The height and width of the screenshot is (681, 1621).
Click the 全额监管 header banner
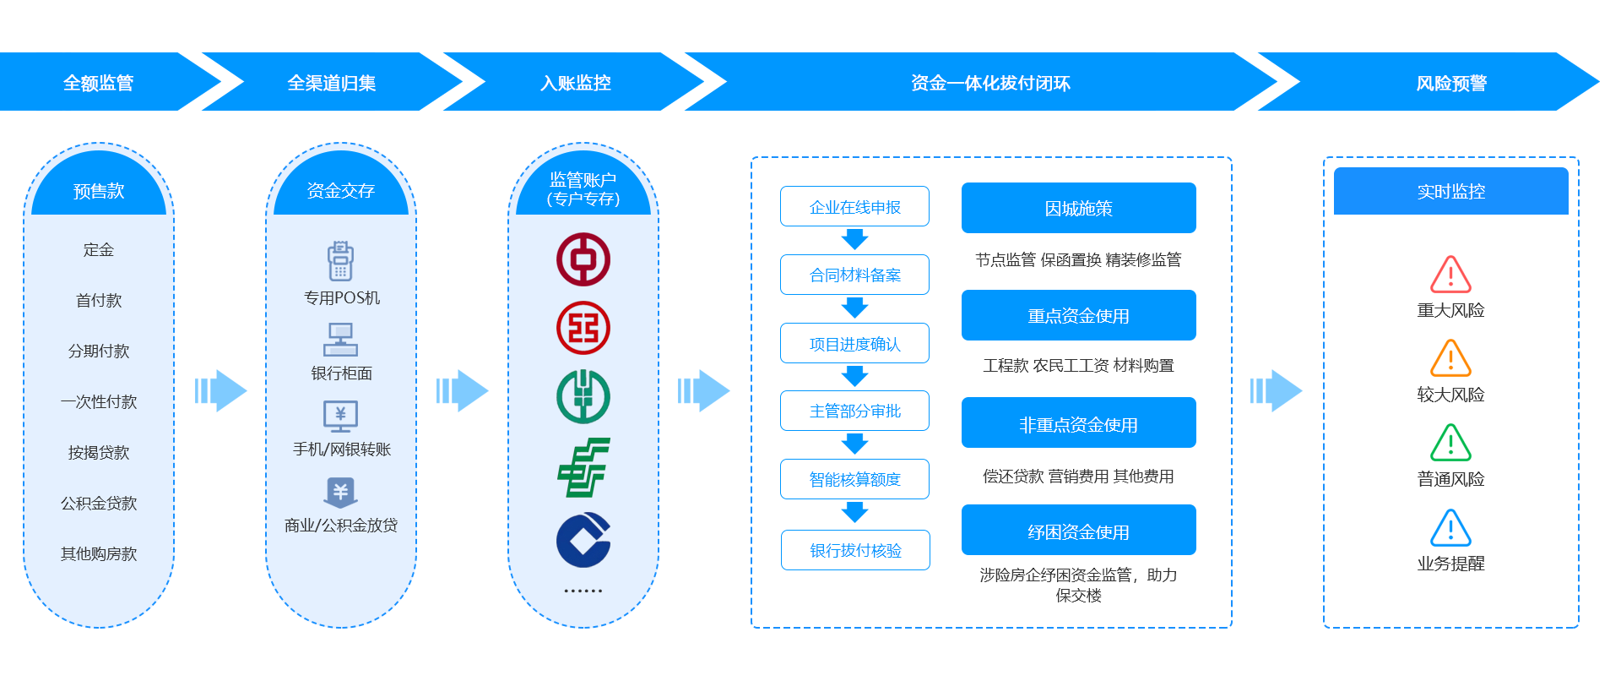(99, 83)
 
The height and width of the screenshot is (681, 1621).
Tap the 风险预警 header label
(1450, 83)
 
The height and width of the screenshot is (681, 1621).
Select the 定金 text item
(99, 250)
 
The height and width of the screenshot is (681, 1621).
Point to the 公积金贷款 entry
(99, 504)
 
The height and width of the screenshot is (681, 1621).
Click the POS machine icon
(340, 261)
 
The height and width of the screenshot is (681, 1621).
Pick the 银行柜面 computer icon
(340, 340)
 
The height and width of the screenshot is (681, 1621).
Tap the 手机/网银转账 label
(342, 449)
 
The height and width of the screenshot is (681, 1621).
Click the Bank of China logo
(583, 259)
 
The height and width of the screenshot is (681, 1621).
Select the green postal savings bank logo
(583, 467)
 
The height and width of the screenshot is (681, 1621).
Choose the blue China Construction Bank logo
(583, 540)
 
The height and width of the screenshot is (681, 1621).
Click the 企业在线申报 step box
(854, 207)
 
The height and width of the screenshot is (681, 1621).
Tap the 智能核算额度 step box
(854, 480)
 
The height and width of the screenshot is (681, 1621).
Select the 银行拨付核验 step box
(855, 551)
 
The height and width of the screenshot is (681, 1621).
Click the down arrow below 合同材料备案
(855, 308)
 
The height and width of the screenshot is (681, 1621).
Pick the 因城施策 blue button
(1078, 208)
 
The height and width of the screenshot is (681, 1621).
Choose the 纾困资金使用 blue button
(1078, 531)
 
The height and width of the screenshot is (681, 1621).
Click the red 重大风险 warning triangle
(1450, 275)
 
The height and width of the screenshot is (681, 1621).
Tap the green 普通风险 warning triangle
(1450, 443)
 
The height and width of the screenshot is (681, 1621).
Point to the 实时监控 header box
(1450, 192)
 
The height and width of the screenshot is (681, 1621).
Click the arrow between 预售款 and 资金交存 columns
(220, 390)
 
